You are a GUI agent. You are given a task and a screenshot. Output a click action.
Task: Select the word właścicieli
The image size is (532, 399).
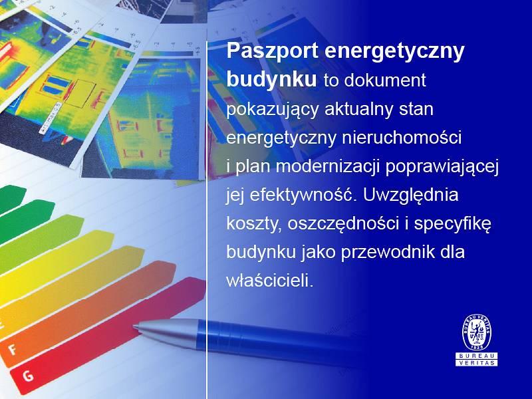[269, 281]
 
